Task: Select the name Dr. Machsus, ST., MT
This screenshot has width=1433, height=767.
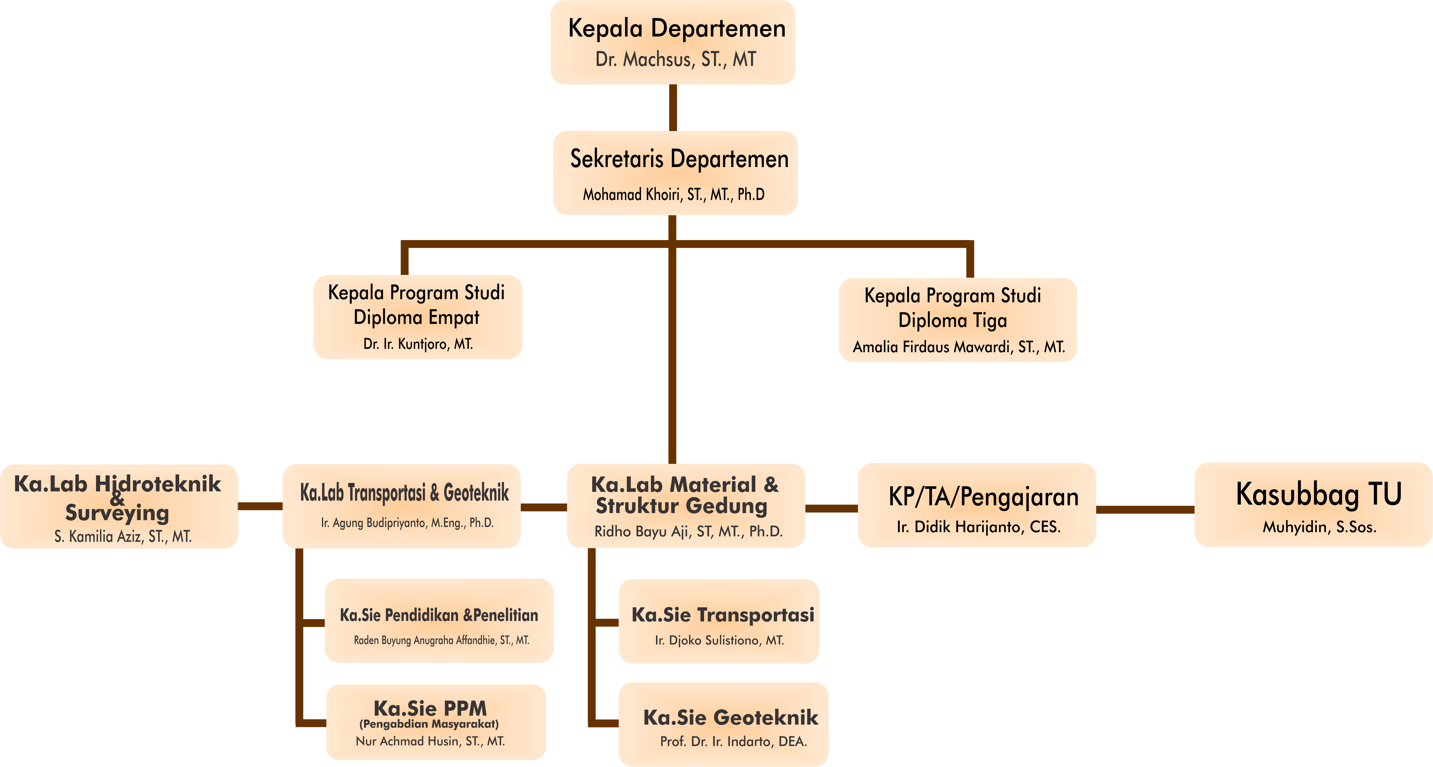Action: (x=675, y=59)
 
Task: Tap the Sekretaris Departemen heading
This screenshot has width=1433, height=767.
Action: (x=679, y=159)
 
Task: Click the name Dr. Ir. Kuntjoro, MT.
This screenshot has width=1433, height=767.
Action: (x=418, y=344)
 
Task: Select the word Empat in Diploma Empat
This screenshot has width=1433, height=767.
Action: (x=454, y=317)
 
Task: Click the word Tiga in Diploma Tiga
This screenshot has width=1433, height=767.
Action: (x=990, y=321)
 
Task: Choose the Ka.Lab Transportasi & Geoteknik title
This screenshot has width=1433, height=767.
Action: (x=404, y=493)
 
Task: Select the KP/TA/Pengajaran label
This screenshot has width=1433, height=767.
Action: (x=983, y=497)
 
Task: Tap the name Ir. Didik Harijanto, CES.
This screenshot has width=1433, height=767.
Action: (x=978, y=526)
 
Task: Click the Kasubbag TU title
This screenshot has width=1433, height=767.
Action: (x=1318, y=494)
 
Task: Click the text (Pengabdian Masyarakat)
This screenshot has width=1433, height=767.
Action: (x=429, y=724)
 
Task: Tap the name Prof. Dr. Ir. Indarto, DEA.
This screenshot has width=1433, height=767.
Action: (x=733, y=741)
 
